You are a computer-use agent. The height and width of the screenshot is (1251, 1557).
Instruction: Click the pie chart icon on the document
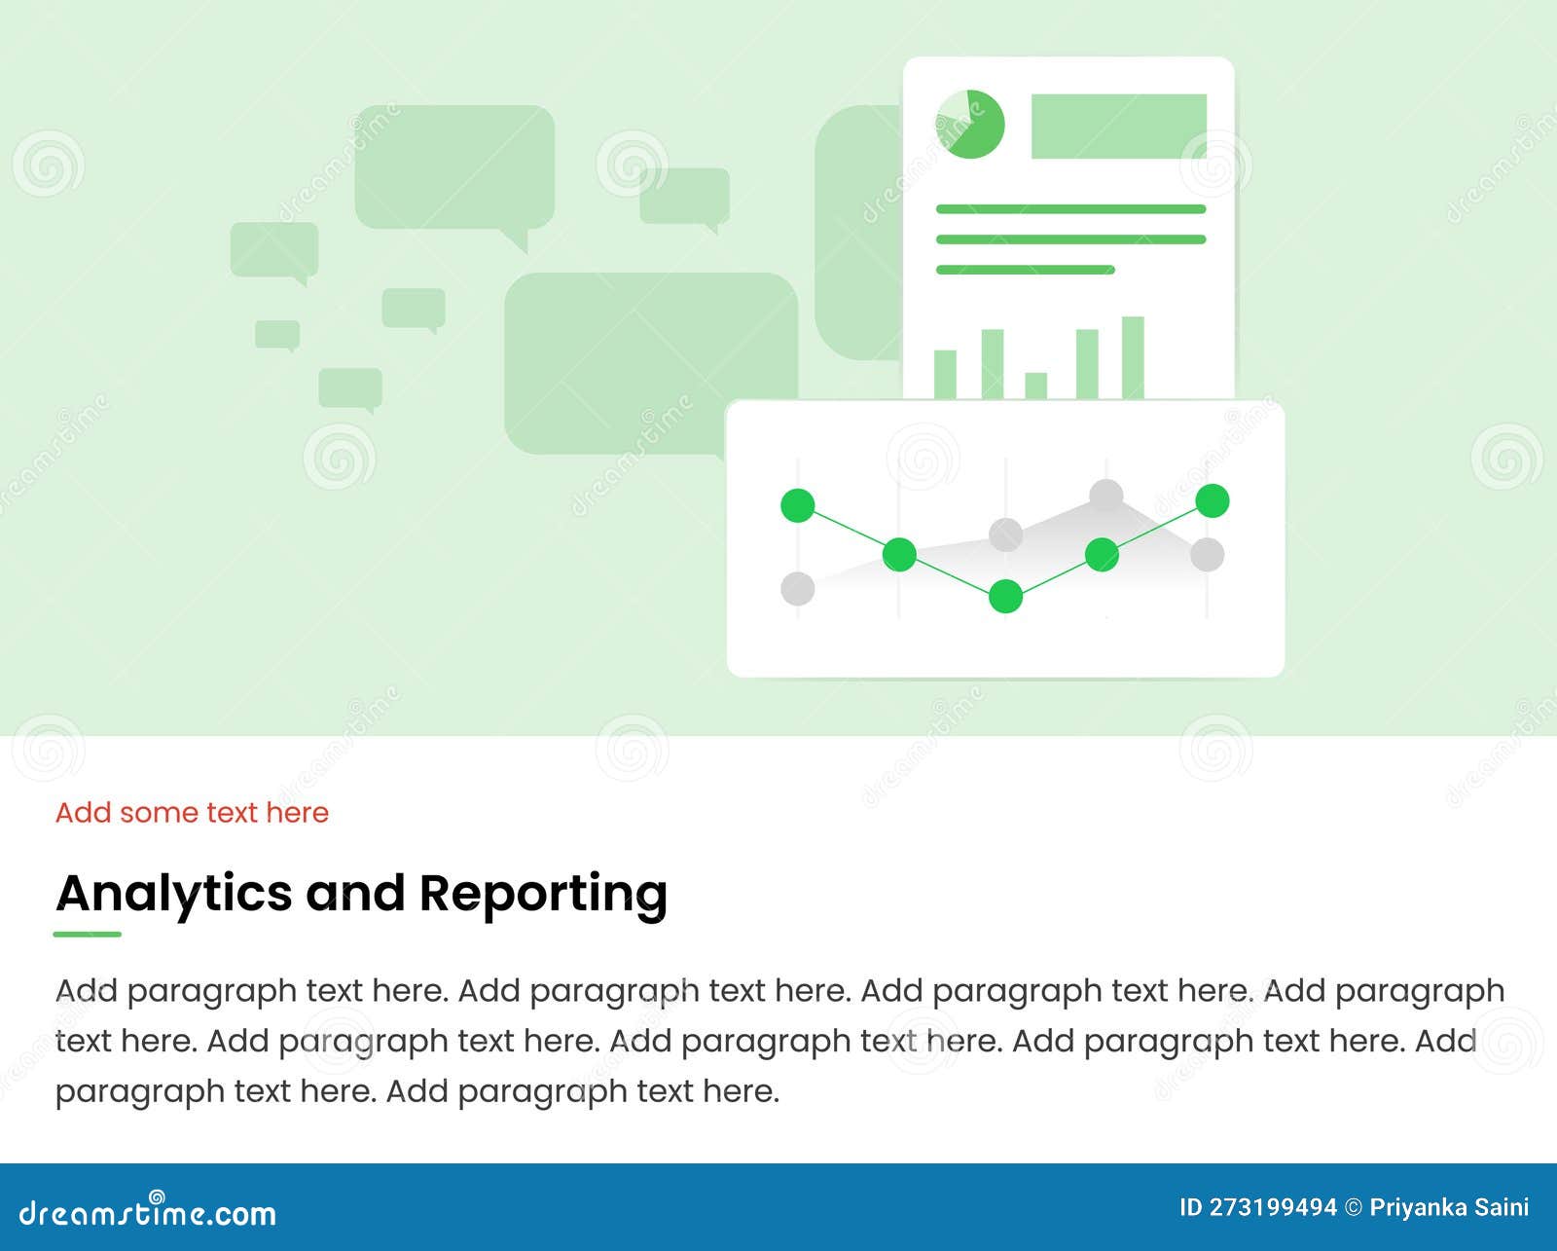(969, 125)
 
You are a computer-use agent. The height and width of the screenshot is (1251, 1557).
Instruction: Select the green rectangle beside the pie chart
(1118, 127)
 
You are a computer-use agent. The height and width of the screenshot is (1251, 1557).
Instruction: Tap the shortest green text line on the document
(1025, 270)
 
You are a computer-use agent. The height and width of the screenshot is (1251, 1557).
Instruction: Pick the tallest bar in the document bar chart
(1133, 357)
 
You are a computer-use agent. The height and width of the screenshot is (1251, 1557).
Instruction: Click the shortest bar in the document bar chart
(1035, 386)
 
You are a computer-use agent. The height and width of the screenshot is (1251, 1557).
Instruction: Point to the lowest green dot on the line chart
(1005, 596)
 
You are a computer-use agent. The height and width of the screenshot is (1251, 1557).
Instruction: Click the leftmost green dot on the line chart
(798, 505)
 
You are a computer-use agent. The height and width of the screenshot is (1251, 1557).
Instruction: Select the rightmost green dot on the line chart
(1212, 500)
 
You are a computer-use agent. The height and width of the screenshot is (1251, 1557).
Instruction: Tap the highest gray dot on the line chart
(1106, 496)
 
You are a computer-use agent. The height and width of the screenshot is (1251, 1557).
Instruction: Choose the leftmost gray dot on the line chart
(798, 588)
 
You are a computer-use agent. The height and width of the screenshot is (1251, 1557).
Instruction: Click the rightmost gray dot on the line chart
(1207, 554)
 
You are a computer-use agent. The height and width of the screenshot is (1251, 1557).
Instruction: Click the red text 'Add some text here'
(192, 812)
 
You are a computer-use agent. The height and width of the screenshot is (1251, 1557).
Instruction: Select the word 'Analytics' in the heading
(174, 893)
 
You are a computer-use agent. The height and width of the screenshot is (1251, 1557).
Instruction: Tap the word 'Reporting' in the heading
(543, 893)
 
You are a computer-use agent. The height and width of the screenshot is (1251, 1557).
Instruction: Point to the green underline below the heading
(88, 934)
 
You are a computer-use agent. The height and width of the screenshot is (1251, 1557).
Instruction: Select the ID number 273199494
(1273, 1208)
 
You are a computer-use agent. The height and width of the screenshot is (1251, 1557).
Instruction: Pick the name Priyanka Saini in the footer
(1449, 1208)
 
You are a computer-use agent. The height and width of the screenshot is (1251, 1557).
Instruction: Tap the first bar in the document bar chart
(945, 374)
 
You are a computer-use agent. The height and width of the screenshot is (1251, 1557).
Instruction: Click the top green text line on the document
(1070, 208)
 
